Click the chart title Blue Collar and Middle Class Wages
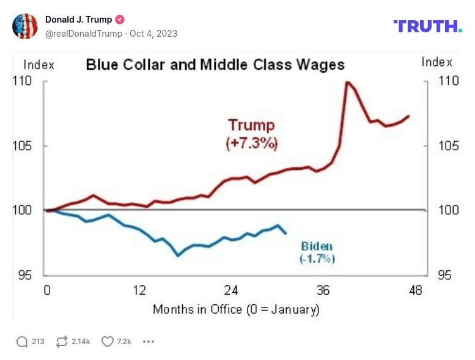215,65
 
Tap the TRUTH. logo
427,26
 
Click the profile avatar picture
25,26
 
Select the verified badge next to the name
120,20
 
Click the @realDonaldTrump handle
83,34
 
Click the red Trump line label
251,125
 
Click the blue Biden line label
317,247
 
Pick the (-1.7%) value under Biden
317,259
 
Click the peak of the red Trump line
347,82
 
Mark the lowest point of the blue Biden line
179,255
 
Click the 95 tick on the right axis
444,275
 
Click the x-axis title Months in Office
236,309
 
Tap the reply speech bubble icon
23,342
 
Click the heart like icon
108,342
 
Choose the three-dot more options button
149,342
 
